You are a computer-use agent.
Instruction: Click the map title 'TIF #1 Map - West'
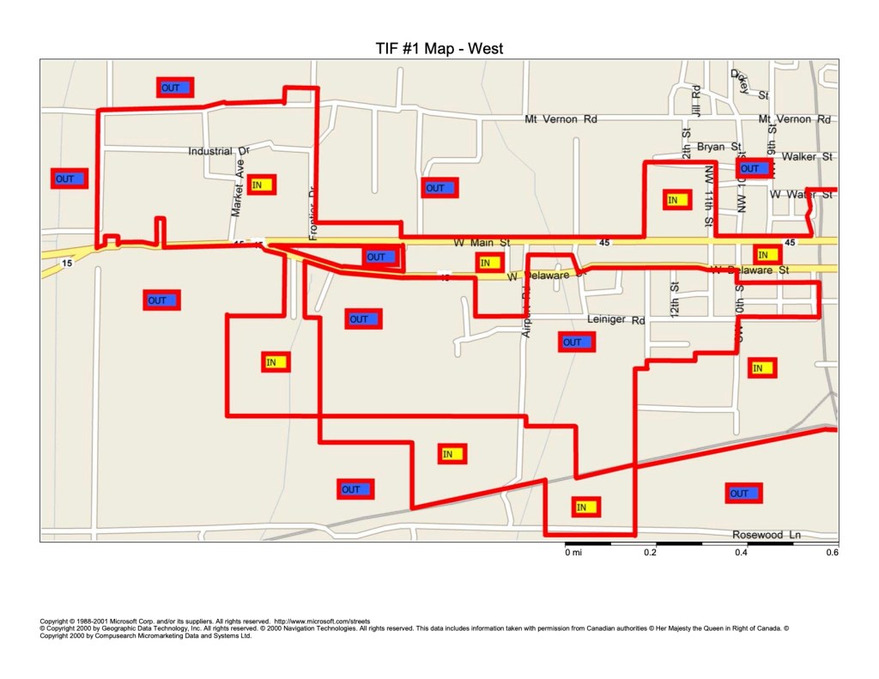(439, 49)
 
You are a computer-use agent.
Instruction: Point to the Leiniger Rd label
(615, 320)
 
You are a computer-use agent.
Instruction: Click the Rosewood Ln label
(766, 535)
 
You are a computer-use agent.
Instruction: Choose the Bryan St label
(718, 148)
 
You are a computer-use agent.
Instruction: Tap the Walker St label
(807, 157)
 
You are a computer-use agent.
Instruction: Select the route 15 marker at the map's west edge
(67, 263)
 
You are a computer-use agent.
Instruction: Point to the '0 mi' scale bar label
(573, 552)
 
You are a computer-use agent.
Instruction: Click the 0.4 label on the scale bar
(741, 552)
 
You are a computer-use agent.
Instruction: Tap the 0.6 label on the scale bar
(831, 552)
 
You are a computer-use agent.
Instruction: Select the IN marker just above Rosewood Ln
(585, 507)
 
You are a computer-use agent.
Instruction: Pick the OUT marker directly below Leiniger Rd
(573, 342)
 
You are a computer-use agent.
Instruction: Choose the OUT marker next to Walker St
(750, 169)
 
